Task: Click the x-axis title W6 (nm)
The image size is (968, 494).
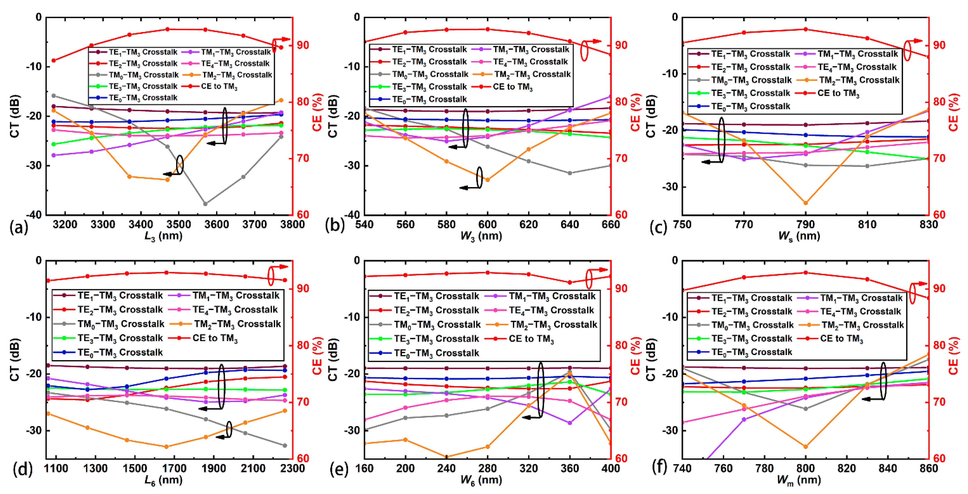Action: coord(481,480)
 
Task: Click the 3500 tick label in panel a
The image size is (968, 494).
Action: coord(179,224)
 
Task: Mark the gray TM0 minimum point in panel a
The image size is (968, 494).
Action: coord(205,204)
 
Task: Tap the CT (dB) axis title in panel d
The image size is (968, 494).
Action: coord(14,360)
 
